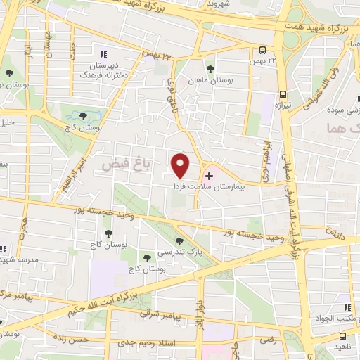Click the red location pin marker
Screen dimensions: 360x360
pyautogui.click(x=181, y=165)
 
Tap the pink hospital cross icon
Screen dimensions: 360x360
pyautogui.click(x=209, y=174)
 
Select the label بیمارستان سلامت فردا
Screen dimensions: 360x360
pyautogui.click(x=210, y=188)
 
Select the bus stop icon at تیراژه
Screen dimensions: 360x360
pyautogui.click(x=283, y=94)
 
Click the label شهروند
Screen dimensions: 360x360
pyautogui.click(x=218, y=4)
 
